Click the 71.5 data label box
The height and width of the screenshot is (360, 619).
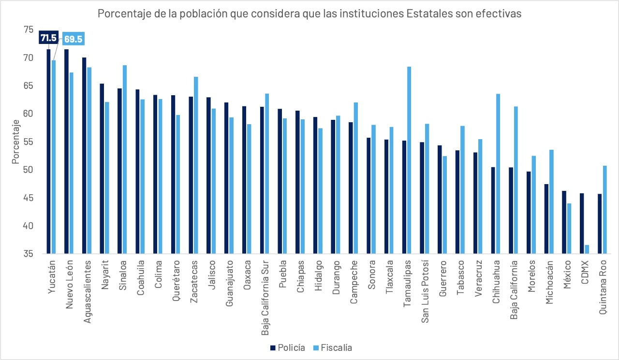coord(48,38)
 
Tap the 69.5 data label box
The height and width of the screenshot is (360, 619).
coord(73,39)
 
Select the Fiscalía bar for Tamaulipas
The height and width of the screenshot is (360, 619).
coord(409,160)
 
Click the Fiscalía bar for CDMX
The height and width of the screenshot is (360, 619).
coord(587,249)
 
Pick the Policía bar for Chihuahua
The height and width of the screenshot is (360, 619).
coord(493,210)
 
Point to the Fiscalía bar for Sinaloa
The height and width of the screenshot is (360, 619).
coord(125,159)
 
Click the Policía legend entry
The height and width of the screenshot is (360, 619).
coord(288,348)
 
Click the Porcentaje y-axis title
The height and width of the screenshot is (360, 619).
coord(15,142)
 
